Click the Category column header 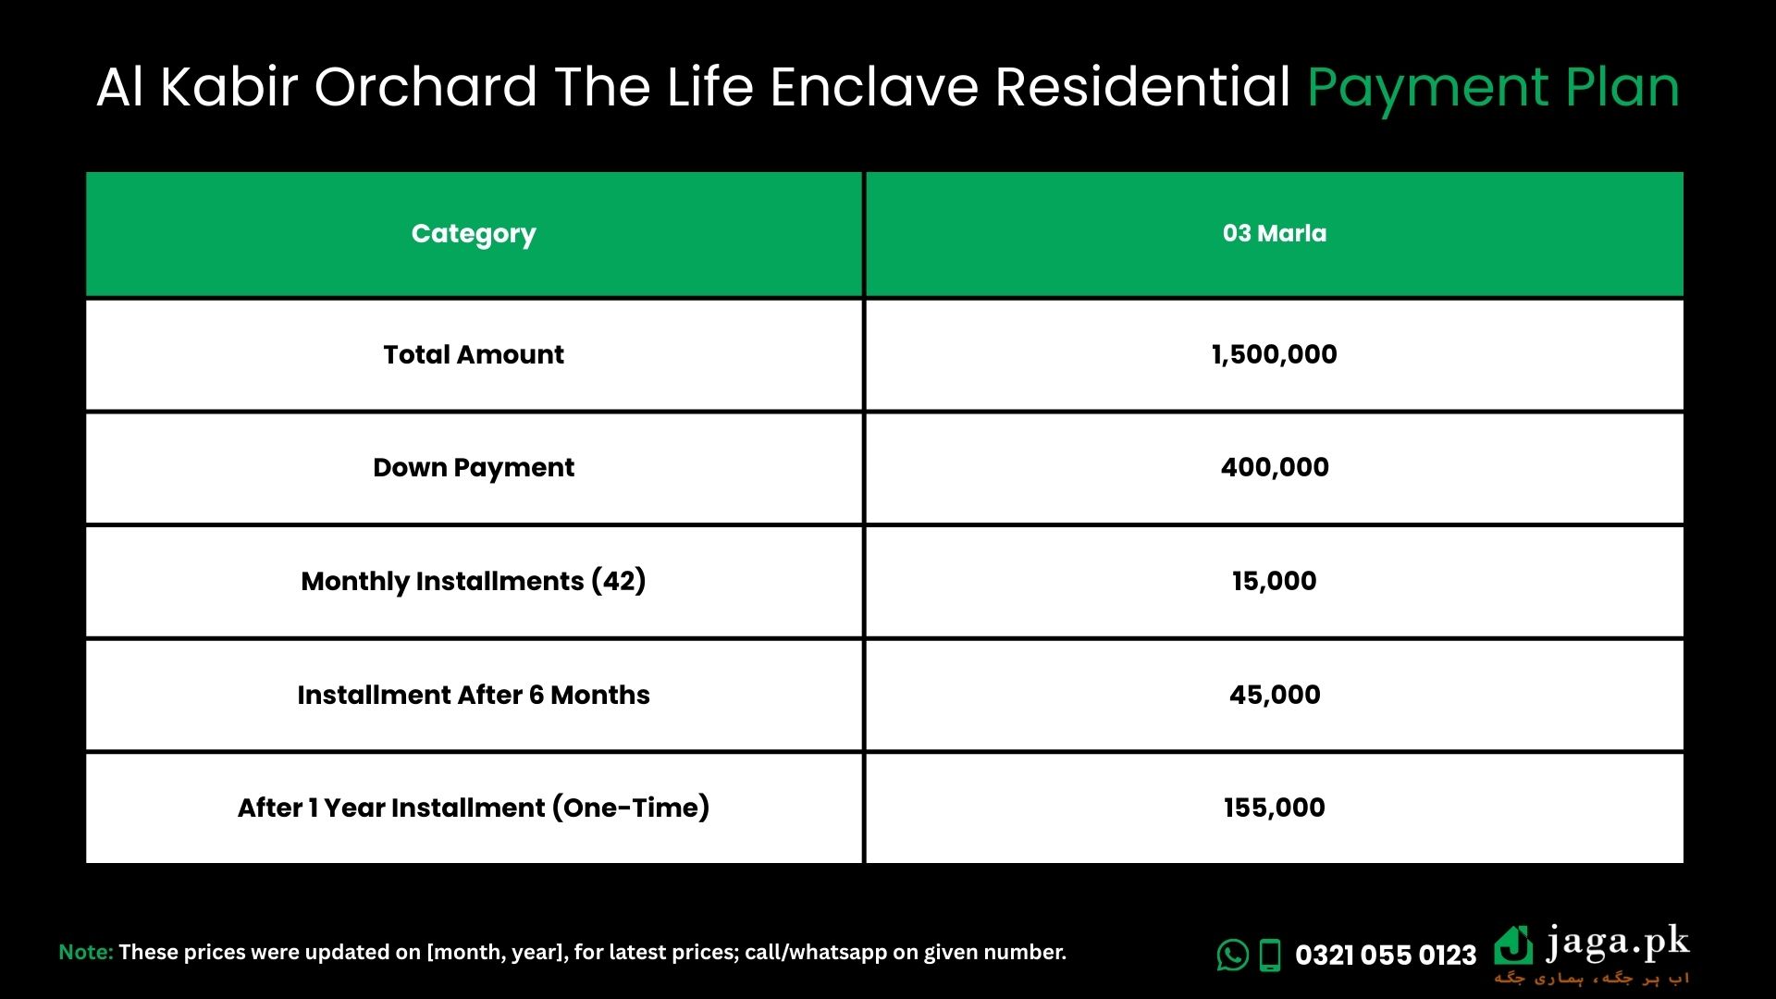click(474, 234)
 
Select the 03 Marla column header click(1275, 233)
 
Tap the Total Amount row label click(474, 354)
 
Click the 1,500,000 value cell click(1275, 354)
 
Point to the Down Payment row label click(474, 468)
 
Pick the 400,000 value click(1275, 467)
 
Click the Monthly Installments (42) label click(474, 581)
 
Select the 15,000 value click(1275, 581)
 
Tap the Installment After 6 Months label click(474, 695)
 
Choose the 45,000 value click(1275, 695)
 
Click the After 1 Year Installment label click(474, 808)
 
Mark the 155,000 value click(1275, 808)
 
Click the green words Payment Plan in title click(1493, 89)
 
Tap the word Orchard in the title click(425, 87)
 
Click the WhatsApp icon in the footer click(1233, 955)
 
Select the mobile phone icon click(1271, 956)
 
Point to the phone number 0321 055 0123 click(1386, 956)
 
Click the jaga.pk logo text click(1618, 944)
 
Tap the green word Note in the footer click(86, 952)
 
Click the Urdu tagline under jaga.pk click(1592, 979)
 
